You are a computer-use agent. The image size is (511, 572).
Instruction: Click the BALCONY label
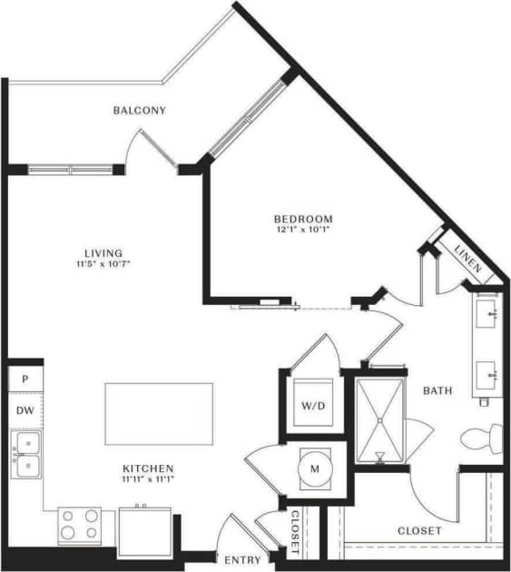point(139,111)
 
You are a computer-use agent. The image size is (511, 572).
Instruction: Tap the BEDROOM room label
point(303,219)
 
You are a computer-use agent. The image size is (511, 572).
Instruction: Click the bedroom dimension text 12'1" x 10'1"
point(303,230)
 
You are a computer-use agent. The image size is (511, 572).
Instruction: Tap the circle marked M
point(315,468)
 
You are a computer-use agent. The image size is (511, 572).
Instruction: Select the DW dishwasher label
point(25,410)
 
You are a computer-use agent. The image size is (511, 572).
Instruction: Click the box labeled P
point(25,378)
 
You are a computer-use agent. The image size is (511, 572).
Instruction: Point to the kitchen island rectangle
point(159,413)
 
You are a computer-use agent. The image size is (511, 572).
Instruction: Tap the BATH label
point(437,390)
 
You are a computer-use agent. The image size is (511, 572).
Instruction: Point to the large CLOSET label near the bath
point(419,530)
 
